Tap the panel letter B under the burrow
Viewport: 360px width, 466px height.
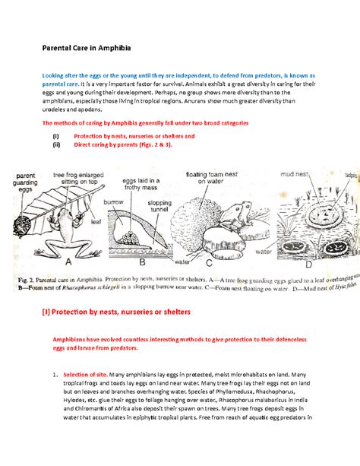(x=144, y=265)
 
